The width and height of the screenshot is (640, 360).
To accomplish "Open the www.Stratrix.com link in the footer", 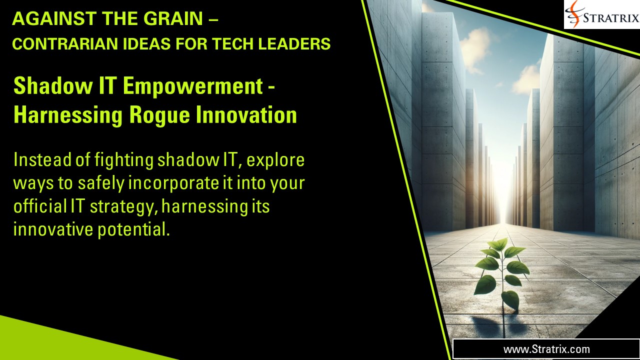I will [546, 349].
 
